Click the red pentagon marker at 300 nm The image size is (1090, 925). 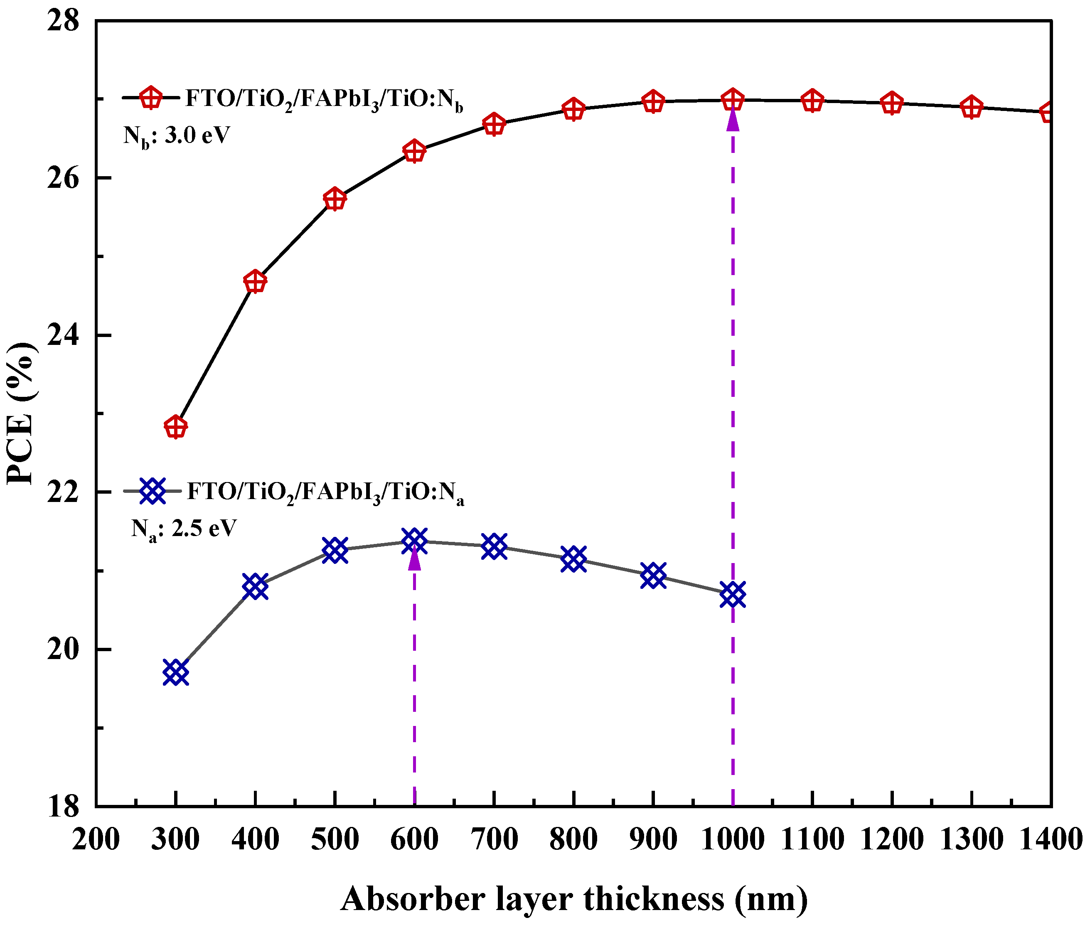[176, 427]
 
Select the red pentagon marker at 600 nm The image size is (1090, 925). [414, 152]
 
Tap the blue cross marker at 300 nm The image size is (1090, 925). [176, 672]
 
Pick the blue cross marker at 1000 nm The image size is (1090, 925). [733, 595]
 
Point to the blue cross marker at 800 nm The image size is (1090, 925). [573, 559]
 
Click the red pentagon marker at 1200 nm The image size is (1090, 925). [892, 103]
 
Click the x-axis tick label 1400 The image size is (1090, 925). [1051, 839]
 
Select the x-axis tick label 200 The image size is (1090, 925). [96, 839]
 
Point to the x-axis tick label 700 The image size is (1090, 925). [494, 839]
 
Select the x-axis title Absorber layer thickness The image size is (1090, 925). [574, 898]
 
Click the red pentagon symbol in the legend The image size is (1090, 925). [151, 98]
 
